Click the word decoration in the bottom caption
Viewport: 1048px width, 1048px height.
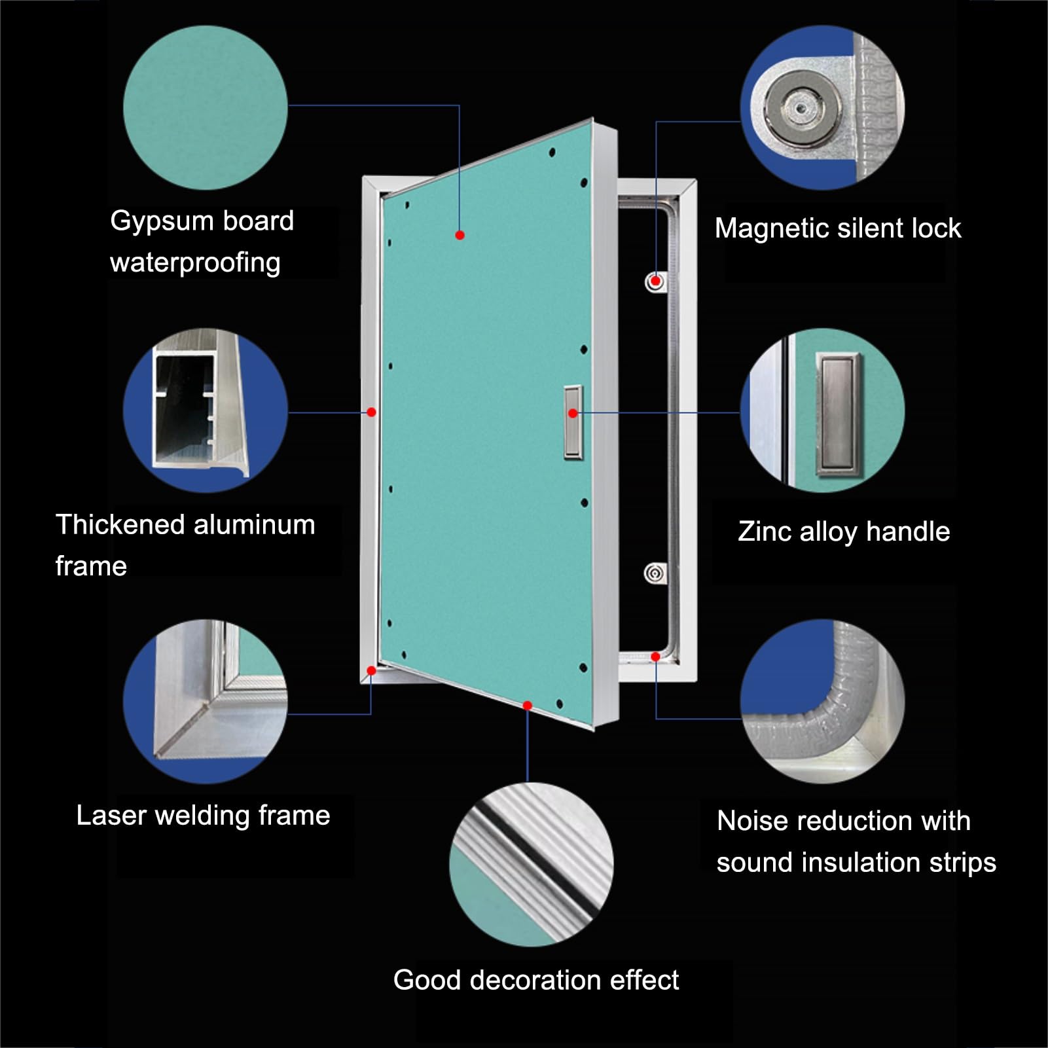(x=535, y=980)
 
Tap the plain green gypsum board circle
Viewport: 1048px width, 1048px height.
(x=206, y=107)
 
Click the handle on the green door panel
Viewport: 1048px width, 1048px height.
(x=573, y=422)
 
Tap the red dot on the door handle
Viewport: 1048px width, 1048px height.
(x=573, y=413)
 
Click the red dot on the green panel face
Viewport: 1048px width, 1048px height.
(x=460, y=235)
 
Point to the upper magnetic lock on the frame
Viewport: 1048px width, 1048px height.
(x=655, y=282)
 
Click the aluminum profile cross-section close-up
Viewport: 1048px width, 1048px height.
(x=206, y=410)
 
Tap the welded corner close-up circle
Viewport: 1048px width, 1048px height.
(x=206, y=701)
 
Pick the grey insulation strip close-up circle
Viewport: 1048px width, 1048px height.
(x=823, y=701)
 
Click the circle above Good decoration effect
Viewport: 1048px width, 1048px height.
(x=532, y=864)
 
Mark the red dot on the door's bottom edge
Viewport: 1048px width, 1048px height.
(x=528, y=705)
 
